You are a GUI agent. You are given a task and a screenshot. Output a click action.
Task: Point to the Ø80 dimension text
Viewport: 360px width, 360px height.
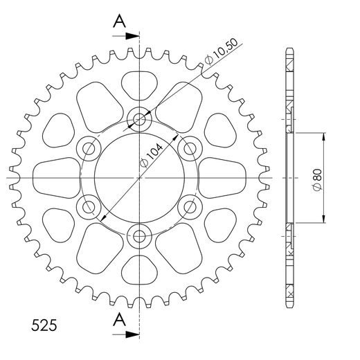316,178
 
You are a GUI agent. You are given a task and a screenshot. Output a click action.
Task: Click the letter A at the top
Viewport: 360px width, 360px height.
120,22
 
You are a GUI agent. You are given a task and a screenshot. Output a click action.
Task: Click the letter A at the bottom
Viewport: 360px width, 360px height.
120,319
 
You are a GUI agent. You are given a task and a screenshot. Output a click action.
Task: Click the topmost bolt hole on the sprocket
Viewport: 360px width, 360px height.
140,120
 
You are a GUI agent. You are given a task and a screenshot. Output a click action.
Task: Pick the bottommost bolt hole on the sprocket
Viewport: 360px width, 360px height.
140,236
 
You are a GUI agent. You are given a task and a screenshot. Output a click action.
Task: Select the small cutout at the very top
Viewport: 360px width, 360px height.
140,84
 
